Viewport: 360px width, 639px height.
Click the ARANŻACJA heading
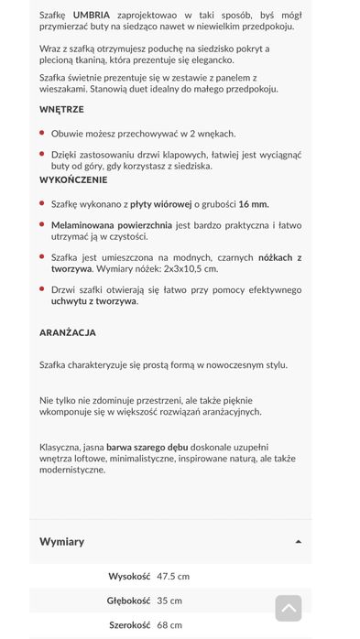67,332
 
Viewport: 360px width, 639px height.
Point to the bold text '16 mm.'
254,204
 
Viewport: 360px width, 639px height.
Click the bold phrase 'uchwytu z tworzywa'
94,300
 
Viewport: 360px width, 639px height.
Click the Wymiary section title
61,541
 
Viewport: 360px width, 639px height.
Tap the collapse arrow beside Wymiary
299,542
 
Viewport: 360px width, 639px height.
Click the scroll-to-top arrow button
289,608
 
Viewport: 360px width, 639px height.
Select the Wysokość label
129,577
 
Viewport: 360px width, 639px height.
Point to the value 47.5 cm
173,577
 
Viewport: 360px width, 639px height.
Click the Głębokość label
128,601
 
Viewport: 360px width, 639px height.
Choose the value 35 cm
169,601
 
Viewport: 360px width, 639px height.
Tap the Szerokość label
128,625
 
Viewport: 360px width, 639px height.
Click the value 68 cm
169,625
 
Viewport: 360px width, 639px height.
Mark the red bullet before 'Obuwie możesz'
42,133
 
